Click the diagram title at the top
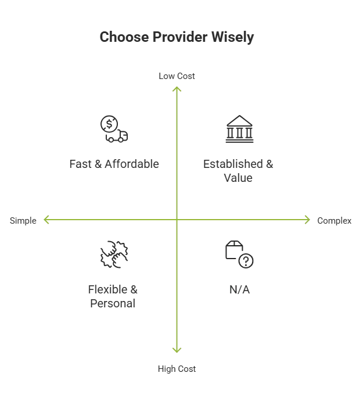coord(177,37)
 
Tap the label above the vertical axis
coord(177,75)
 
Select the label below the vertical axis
coord(177,368)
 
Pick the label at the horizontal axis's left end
coord(23,220)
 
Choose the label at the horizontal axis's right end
coord(334,221)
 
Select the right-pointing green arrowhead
coord(307,220)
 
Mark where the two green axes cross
coord(177,220)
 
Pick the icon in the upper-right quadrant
coord(239,128)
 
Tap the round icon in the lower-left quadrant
coord(113,254)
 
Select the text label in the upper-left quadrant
coord(114,165)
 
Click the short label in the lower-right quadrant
coord(239,290)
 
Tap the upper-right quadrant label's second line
coord(239,178)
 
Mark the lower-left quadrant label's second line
coord(114,303)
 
